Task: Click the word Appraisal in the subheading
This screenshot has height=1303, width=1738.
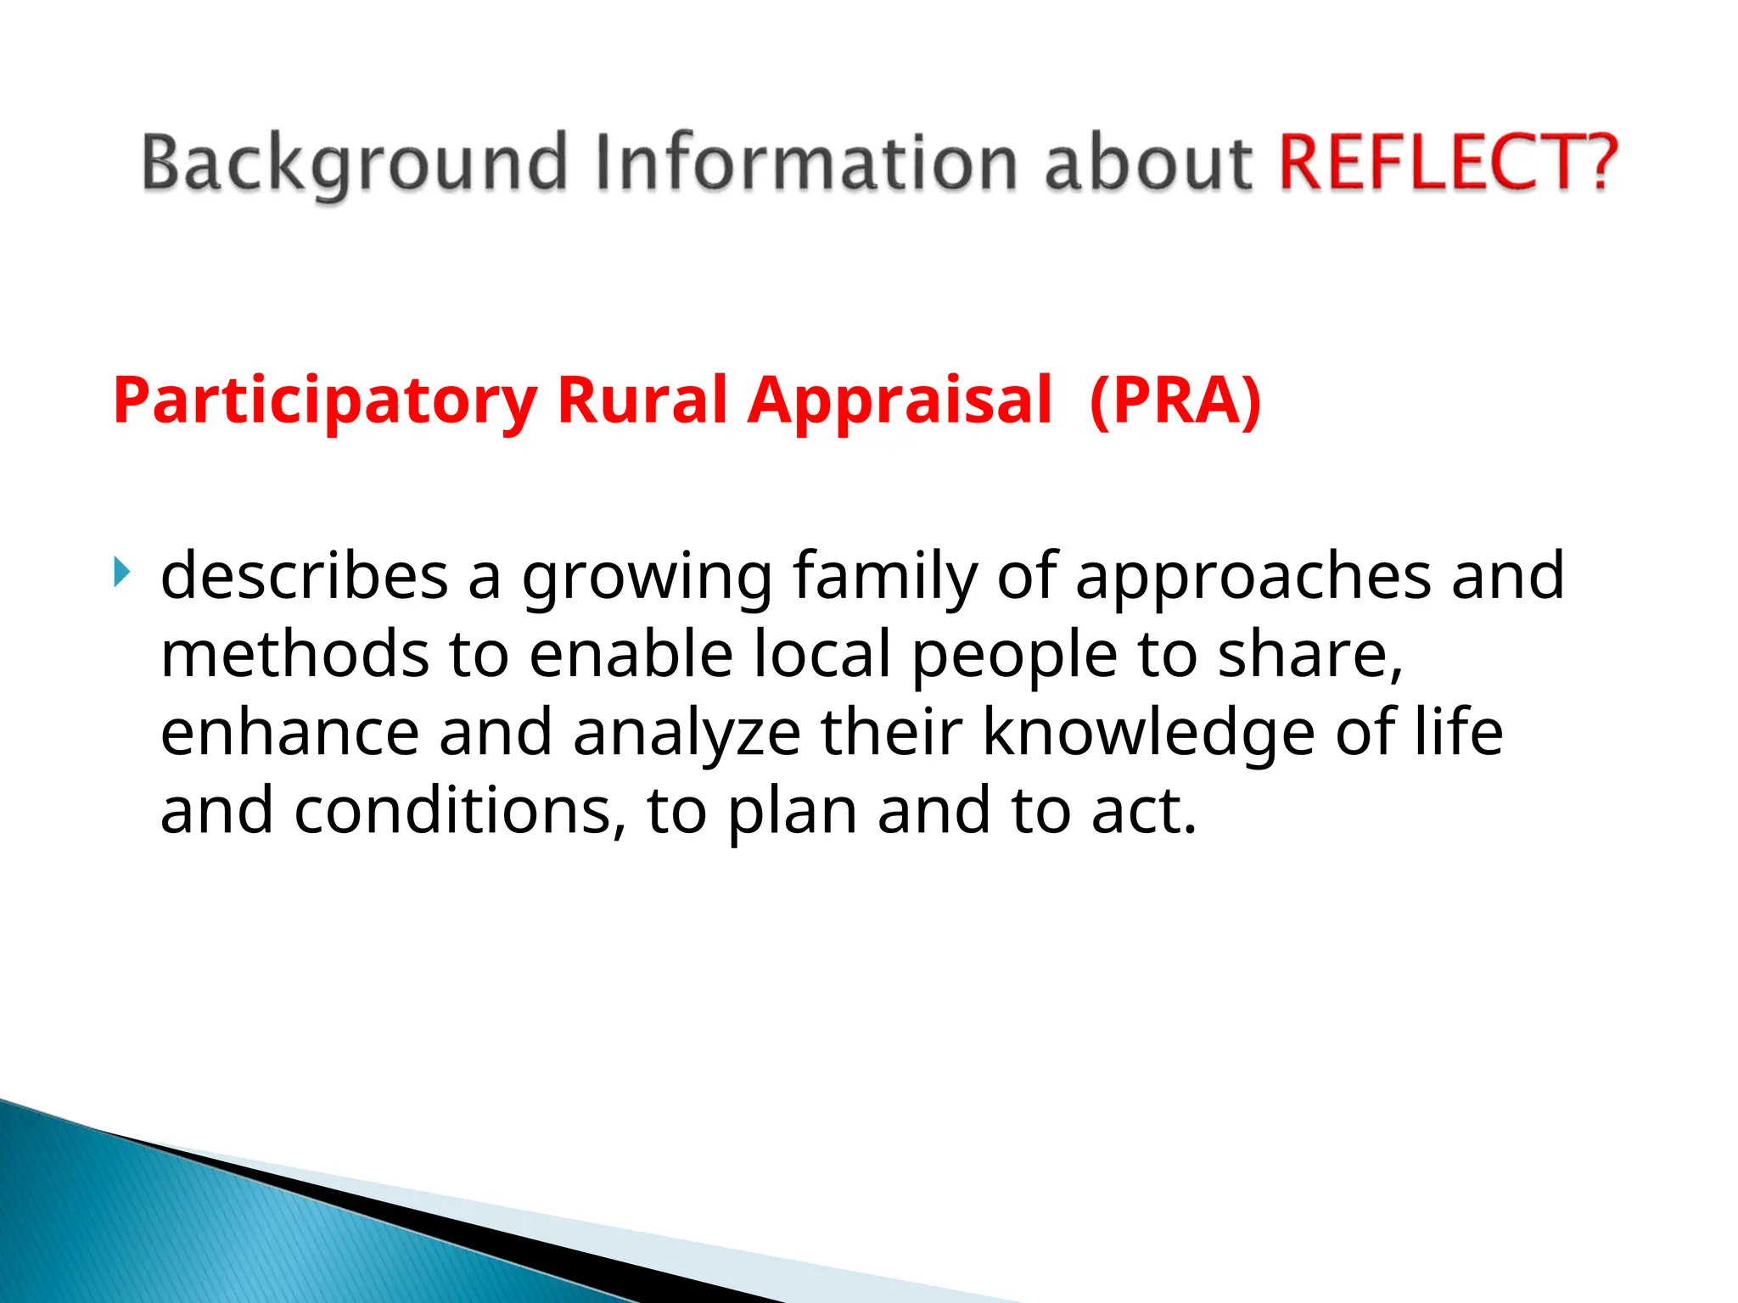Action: [x=900, y=400]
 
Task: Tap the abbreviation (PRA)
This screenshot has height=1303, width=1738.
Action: [x=1175, y=400]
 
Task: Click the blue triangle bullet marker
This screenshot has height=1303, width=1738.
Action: [x=122, y=573]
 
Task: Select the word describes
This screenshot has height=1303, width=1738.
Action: [x=304, y=576]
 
